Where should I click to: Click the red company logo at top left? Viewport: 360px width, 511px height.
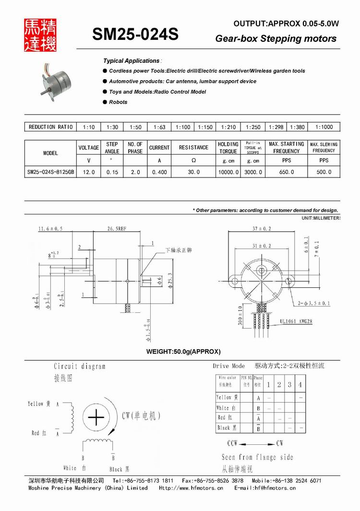tap(40, 35)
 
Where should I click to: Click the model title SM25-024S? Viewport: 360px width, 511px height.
tap(135, 34)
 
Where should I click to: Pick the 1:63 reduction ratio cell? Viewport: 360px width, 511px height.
tap(159, 127)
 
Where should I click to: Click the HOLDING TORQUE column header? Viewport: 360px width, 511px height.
tap(228, 147)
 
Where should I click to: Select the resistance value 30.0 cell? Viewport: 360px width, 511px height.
tap(193, 172)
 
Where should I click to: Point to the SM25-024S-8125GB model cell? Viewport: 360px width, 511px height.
tap(50, 172)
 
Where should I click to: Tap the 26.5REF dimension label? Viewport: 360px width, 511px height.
tap(117, 229)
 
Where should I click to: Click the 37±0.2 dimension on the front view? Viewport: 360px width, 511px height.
tap(262, 228)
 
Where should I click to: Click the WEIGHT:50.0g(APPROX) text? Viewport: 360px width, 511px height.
tap(183, 352)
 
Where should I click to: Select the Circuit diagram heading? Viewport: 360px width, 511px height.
tap(79, 366)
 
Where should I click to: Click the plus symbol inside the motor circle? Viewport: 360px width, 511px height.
tap(96, 417)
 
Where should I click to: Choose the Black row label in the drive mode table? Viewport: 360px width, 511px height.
tap(224, 428)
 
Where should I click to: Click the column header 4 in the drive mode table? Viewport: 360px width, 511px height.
tap(300, 385)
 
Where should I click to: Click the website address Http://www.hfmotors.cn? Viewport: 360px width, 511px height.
tap(191, 488)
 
